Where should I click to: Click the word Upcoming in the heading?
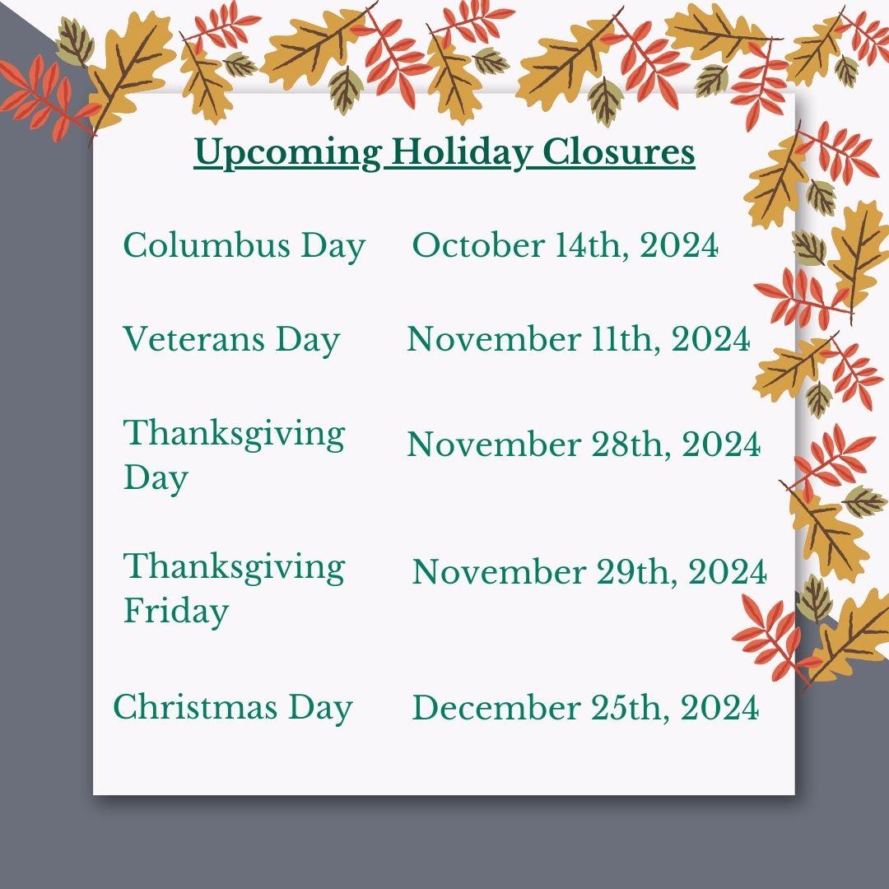[x=287, y=153]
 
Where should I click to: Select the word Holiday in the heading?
[x=462, y=153]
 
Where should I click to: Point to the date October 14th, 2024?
[x=566, y=245]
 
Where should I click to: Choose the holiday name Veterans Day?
[x=231, y=340]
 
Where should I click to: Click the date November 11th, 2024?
[x=579, y=339]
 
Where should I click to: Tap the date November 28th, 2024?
[x=584, y=444]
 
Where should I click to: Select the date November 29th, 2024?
[x=589, y=571]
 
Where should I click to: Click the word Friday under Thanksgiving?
[x=176, y=611]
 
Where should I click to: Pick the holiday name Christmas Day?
[x=233, y=708]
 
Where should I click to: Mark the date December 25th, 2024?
[x=586, y=708]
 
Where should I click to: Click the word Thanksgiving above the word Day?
[x=234, y=435]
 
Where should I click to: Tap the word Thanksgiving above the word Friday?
[x=234, y=568]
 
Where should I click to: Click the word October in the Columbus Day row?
[x=477, y=245]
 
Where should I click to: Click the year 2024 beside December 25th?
[x=719, y=708]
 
